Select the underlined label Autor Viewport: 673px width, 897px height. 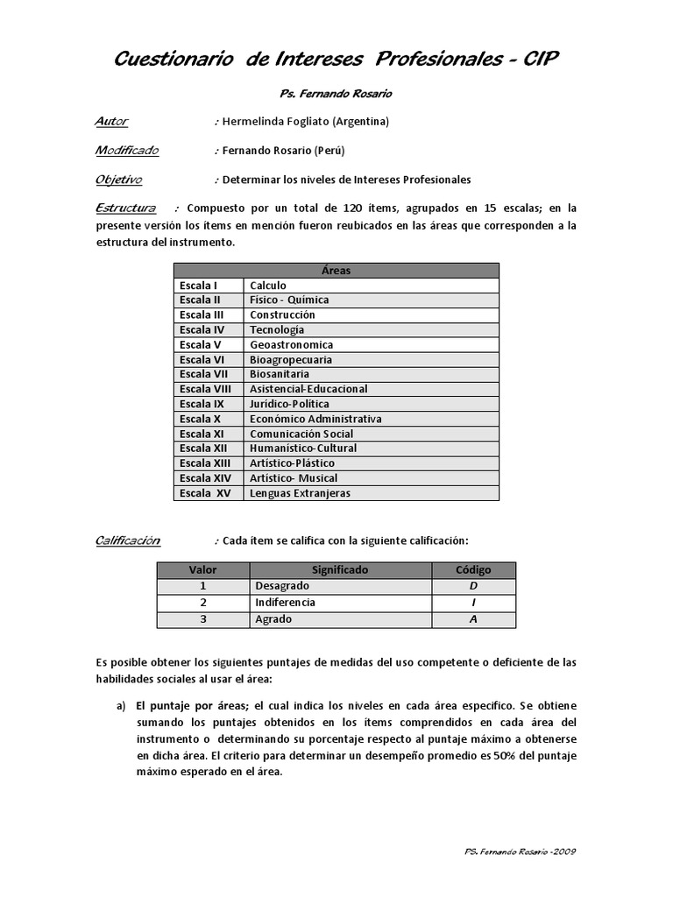click(x=111, y=121)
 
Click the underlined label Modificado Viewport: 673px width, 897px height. click(x=127, y=150)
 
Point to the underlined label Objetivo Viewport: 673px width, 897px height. click(x=118, y=180)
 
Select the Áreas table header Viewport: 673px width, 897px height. click(x=336, y=271)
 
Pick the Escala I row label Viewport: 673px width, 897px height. click(x=198, y=286)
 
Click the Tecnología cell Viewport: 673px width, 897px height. click(x=277, y=329)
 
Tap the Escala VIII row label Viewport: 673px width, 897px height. click(x=205, y=389)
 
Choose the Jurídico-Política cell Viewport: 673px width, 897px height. click(x=289, y=404)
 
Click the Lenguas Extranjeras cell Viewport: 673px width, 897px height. click(x=300, y=493)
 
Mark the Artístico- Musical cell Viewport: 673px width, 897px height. click(x=294, y=478)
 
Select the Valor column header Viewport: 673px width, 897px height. click(x=202, y=570)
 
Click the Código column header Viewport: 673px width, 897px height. click(x=473, y=570)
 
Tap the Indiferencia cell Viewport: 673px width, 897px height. click(x=285, y=603)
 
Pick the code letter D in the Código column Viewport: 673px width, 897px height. click(x=473, y=586)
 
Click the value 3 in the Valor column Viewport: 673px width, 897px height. click(x=202, y=619)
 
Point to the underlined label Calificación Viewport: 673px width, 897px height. click(x=127, y=540)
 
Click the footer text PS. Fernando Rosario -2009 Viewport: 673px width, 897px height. click(x=518, y=851)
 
